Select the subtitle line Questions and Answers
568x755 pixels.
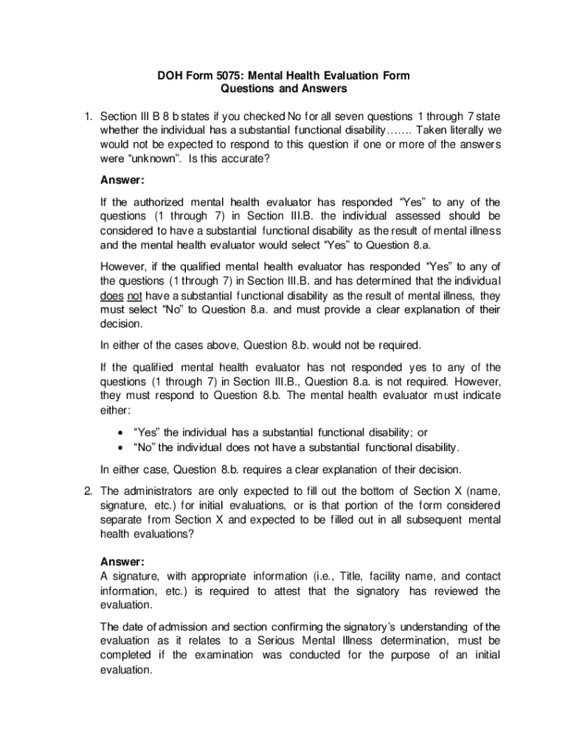(x=284, y=89)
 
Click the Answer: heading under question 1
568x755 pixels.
(x=122, y=180)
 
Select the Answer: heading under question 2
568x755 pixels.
(x=122, y=560)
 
